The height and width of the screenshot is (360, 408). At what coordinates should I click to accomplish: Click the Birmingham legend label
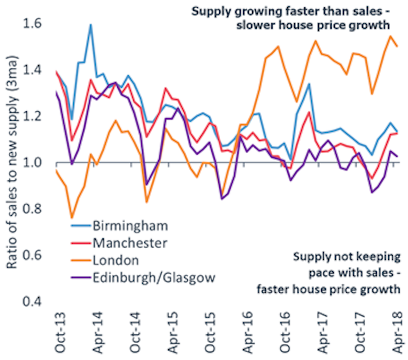[130, 226]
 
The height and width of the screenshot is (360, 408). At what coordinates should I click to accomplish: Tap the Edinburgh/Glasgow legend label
[153, 277]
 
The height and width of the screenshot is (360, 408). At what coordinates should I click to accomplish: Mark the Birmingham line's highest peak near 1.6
[91, 25]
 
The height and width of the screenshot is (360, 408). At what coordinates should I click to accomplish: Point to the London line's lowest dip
[72, 218]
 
